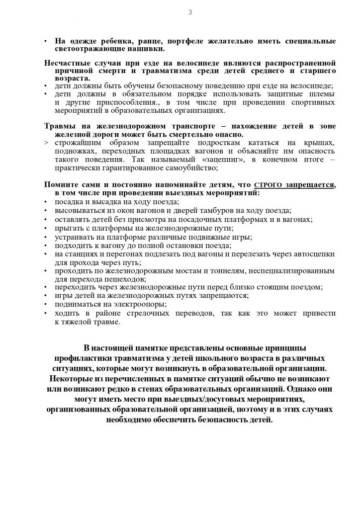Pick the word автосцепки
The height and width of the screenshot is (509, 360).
click(x=315, y=254)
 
